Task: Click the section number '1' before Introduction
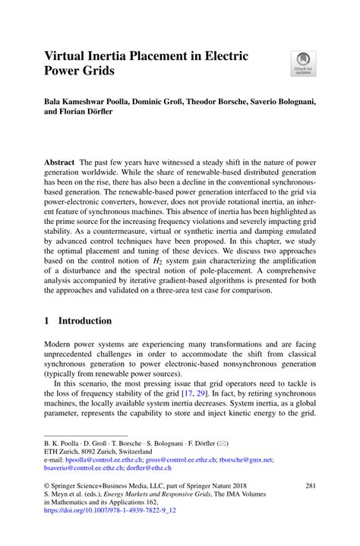[47, 321]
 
